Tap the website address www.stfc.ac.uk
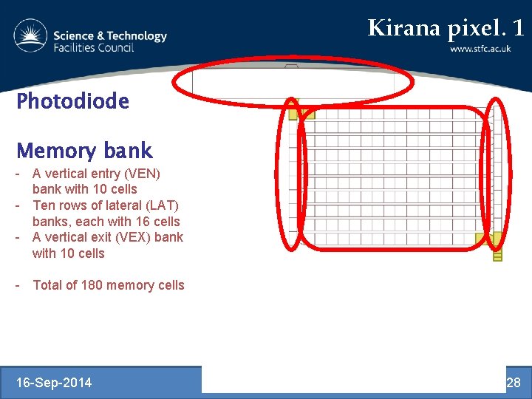[x=480, y=49]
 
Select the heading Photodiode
[x=72, y=101]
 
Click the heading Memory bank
[x=84, y=151]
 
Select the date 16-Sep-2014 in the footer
[x=55, y=382]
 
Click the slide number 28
[x=513, y=382]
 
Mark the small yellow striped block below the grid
[x=497, y=255]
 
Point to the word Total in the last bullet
[x=49, y=285]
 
